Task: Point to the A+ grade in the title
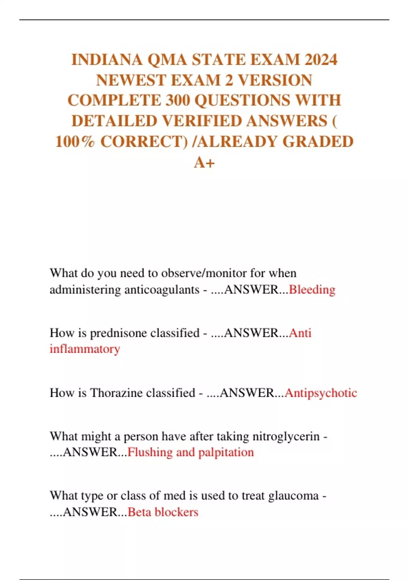coord(204,162)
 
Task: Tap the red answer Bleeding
coord(312,290)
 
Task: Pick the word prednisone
coord(145,333)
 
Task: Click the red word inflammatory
coord(85,349)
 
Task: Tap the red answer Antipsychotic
coord(321,393)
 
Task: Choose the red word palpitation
coord(226,452)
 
